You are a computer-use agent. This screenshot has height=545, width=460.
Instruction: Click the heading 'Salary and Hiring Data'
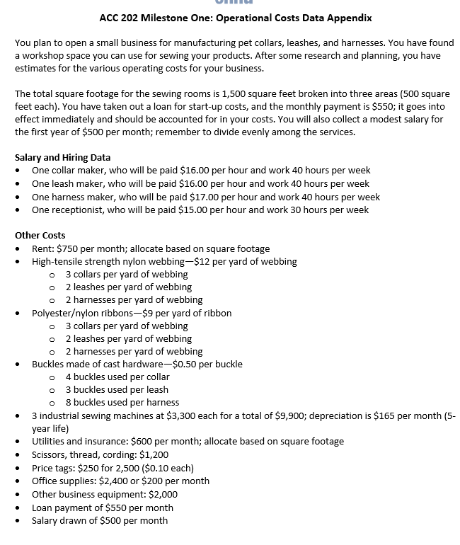coord(62,157)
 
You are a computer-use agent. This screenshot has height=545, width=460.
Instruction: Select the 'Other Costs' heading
coord(40,235)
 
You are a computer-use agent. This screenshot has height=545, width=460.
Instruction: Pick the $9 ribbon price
coord(151,313)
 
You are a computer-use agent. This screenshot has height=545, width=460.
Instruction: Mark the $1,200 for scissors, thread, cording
coord(155,454)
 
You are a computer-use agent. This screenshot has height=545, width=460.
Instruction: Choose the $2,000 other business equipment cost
coord(163,494)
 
